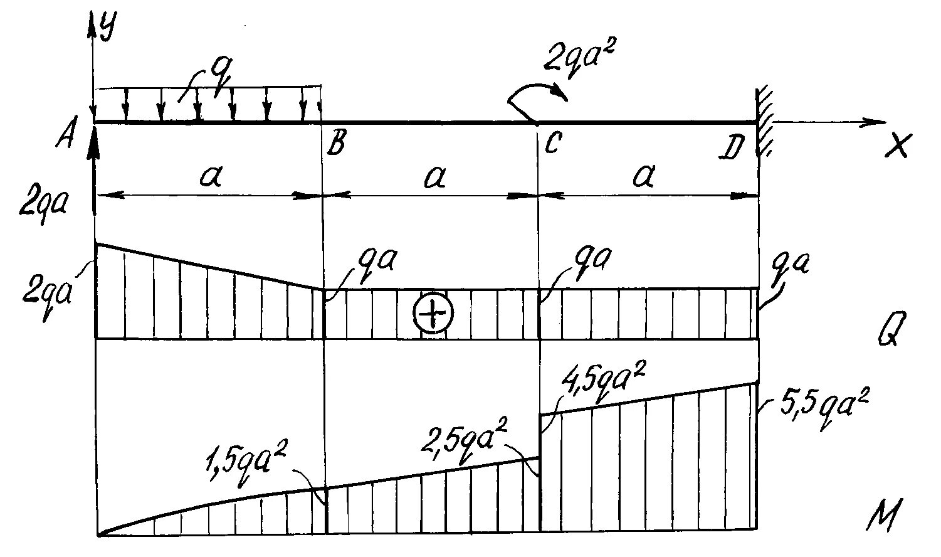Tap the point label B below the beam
coord(334,146)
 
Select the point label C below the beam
coord(552,145)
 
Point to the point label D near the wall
coord(733,148)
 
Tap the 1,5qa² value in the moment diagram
coord(245,468)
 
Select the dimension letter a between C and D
coord(643,178)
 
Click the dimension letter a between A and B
coord(209,178)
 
